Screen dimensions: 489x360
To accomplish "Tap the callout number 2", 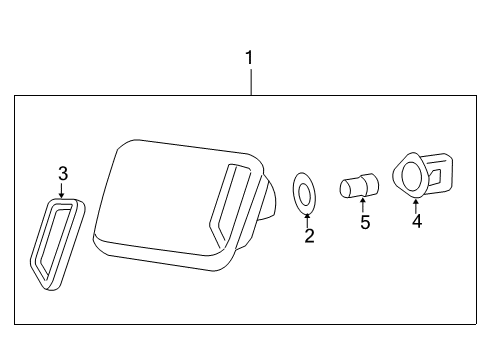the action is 309,236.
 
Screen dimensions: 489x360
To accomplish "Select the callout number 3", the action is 62,174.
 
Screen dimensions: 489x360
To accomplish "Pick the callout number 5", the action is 365,222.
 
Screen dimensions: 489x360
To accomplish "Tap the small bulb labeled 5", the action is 358,186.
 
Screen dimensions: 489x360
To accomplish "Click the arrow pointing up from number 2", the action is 308,219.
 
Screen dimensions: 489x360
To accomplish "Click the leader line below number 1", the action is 251,80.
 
